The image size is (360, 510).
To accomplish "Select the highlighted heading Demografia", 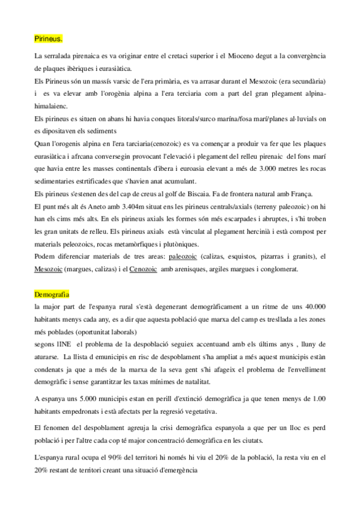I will pos(52,295).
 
